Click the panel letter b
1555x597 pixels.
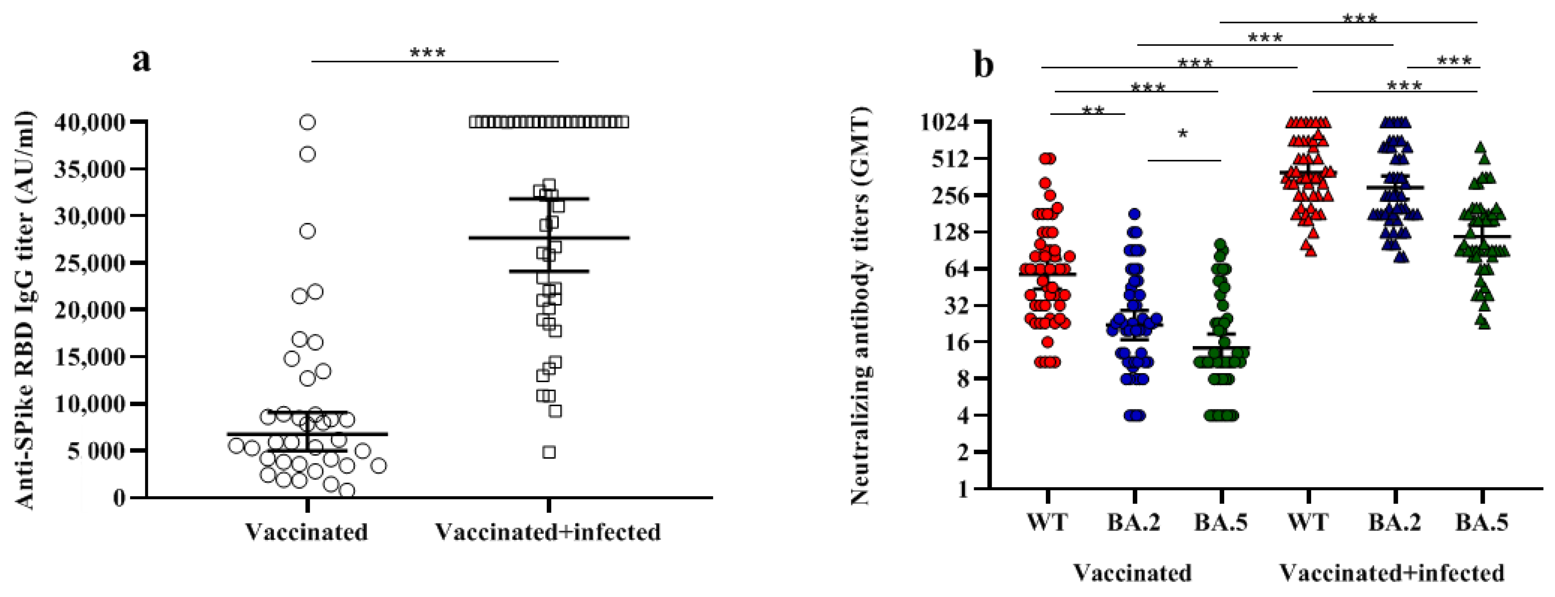(x=984, y=65)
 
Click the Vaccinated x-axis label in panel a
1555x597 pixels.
(x=307, y=532)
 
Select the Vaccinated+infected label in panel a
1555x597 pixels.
(x=548, y=532)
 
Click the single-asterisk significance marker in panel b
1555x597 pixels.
(x=1183, y=134)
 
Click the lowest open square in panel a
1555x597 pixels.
(x=549, y=452)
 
